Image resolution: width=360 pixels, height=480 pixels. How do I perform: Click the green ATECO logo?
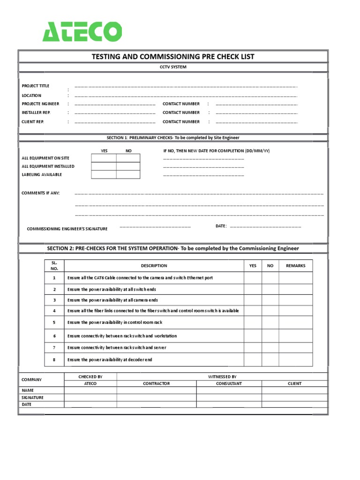(x=82, y=31)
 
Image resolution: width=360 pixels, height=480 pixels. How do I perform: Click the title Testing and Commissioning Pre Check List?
(x=173, y=57)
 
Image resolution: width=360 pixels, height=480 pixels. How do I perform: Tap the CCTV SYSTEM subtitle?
(x=173, y=67)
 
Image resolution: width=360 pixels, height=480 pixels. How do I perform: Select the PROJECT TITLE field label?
(x=36, y=86)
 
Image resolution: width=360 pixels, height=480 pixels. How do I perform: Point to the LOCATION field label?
(x=31, y=95)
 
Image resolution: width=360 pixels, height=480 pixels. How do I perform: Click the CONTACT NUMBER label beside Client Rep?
(x=181, y=121)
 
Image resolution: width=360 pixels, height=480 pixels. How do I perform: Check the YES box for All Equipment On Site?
(x=104, y=158)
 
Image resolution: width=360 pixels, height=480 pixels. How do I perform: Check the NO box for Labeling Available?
(x=128, y=174)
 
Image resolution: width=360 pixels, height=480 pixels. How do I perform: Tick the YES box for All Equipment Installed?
(x=104, y=166)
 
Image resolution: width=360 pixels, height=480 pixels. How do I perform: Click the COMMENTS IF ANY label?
(x=41, y=193)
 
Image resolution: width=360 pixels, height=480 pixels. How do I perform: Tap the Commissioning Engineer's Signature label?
(x=67, y=229)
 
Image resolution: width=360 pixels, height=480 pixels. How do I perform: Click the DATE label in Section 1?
(x=221, y=226)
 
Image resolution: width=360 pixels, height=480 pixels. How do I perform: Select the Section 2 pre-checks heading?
(x=173, y=248)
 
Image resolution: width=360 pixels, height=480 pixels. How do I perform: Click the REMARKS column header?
(x=295, y=265)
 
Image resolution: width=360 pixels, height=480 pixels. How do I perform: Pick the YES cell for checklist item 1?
(x=253, y=278)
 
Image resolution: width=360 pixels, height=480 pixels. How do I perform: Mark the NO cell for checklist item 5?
(x=270, y=322)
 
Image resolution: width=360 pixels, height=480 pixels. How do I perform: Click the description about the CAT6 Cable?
(x=140, y=278)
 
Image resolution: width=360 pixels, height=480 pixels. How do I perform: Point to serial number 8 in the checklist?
(x=54, y=360)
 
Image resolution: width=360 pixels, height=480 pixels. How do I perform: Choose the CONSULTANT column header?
(x=229, y=383)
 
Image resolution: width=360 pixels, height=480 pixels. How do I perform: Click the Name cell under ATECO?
(x=90, y=390)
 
